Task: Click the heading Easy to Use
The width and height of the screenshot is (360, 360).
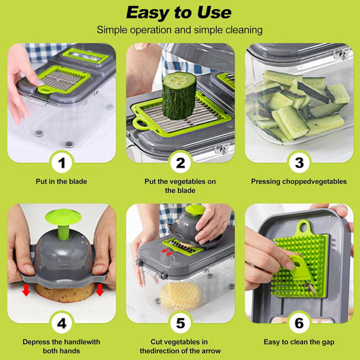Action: (179, 12)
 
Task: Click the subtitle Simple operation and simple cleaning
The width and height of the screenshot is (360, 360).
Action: (179, 30)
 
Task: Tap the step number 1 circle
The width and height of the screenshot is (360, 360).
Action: (62, 163)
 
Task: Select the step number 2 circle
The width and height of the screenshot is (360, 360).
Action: (181, 163)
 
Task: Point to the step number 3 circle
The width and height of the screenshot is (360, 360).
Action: (299, 163)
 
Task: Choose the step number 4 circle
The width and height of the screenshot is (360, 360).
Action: (62, 323)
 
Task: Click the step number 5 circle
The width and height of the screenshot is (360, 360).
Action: (181, 323)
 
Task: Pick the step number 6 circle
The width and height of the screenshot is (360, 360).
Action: (299, 323)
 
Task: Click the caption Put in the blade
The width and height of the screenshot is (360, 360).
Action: (61, 181)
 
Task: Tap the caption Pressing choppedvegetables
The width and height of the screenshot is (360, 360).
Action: (299, 181)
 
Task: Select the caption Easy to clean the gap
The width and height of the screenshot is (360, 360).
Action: (299, 342)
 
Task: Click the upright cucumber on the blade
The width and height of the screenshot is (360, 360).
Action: (179, 96)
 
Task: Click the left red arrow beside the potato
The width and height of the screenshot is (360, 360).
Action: (26, 290)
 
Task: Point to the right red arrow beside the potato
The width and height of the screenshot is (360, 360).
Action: (100, 290)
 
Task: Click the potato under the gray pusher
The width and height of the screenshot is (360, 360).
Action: (65, 293)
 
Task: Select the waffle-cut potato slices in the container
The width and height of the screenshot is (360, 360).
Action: (181, 296)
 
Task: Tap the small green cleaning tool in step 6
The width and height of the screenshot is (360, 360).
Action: (302, 273)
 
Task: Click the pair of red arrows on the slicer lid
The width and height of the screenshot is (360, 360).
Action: (167, 251)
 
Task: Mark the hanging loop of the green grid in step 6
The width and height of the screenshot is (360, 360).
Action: (303, 227)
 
